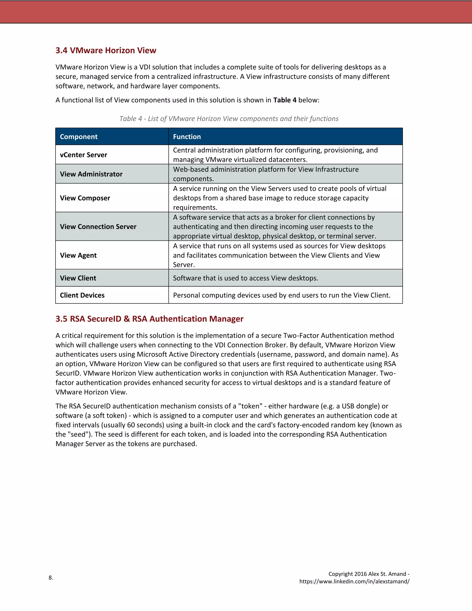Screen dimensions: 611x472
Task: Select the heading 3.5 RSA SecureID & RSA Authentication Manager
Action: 149,319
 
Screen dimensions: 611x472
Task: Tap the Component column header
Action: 79,136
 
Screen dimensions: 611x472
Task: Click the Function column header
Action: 187,136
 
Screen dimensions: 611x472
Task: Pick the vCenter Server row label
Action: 83,155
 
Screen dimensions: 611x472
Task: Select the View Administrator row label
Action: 91,174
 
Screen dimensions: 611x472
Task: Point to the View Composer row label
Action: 85,198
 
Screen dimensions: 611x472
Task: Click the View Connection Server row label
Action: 98,226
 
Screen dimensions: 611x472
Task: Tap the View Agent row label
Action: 78,255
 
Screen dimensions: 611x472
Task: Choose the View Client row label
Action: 78,278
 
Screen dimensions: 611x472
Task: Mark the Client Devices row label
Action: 82,295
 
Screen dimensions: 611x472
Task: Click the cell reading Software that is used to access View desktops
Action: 245,278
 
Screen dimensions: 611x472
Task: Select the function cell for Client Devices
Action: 282,295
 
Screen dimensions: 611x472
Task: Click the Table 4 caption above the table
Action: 229,119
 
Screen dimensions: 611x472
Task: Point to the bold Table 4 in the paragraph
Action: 285,100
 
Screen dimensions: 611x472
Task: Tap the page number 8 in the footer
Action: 51,577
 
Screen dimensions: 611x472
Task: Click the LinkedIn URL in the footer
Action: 354,581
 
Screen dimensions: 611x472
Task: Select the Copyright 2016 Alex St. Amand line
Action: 369,574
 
